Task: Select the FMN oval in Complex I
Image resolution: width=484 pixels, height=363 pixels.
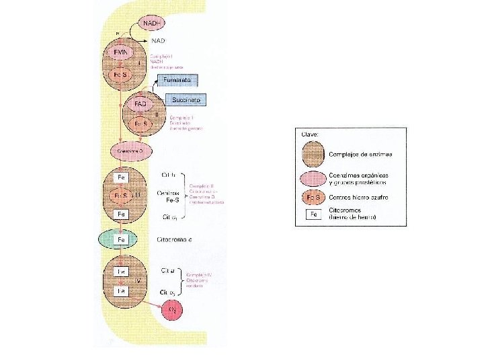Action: (x=121, y=51)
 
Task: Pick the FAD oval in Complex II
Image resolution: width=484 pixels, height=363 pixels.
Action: (x=140, y=105)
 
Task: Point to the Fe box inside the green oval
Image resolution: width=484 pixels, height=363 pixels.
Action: (x=122, y=239)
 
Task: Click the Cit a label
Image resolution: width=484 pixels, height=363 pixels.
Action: (x=168, y=270)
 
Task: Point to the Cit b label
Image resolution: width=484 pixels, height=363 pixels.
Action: (x=169, y=175)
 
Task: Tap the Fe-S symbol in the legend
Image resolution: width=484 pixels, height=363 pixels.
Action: (x=313, y=198)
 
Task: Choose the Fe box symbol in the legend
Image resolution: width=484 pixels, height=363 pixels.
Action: (x=313, y=215)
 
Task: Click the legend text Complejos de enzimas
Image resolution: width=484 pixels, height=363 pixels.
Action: (x=361, y=155)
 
